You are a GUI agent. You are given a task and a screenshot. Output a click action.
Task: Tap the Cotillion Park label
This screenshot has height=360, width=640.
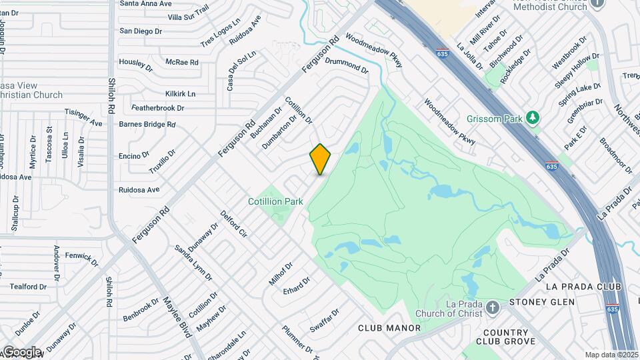(x=275, y=201)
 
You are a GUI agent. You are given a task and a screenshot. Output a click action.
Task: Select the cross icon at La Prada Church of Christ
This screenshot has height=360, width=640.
(x=493, y=307)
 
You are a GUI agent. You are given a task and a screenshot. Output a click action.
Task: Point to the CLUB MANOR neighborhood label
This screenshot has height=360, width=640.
(x=389, y=328)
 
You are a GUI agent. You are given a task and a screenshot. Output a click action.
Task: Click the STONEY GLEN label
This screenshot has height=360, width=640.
(x=541, y=302)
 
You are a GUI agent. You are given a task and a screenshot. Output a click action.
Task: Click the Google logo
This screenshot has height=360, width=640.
(x=21, y=351)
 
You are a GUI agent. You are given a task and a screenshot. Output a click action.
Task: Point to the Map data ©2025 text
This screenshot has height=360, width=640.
(x=611, y=355)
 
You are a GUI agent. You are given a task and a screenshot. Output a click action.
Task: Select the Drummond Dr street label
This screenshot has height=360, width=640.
(x=347, y=65)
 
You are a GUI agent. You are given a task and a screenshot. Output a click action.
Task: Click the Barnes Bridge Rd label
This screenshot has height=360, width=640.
(x=147, y=124)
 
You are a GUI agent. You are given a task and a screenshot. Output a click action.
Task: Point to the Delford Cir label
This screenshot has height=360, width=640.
(x=234, y=225)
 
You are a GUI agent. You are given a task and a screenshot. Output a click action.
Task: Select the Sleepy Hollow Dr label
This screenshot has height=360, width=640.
(x=577, y=71)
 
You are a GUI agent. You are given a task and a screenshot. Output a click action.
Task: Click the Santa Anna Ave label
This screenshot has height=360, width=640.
(x=146, y=3)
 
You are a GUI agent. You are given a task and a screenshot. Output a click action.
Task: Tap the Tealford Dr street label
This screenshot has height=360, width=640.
(x=28, y=287)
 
